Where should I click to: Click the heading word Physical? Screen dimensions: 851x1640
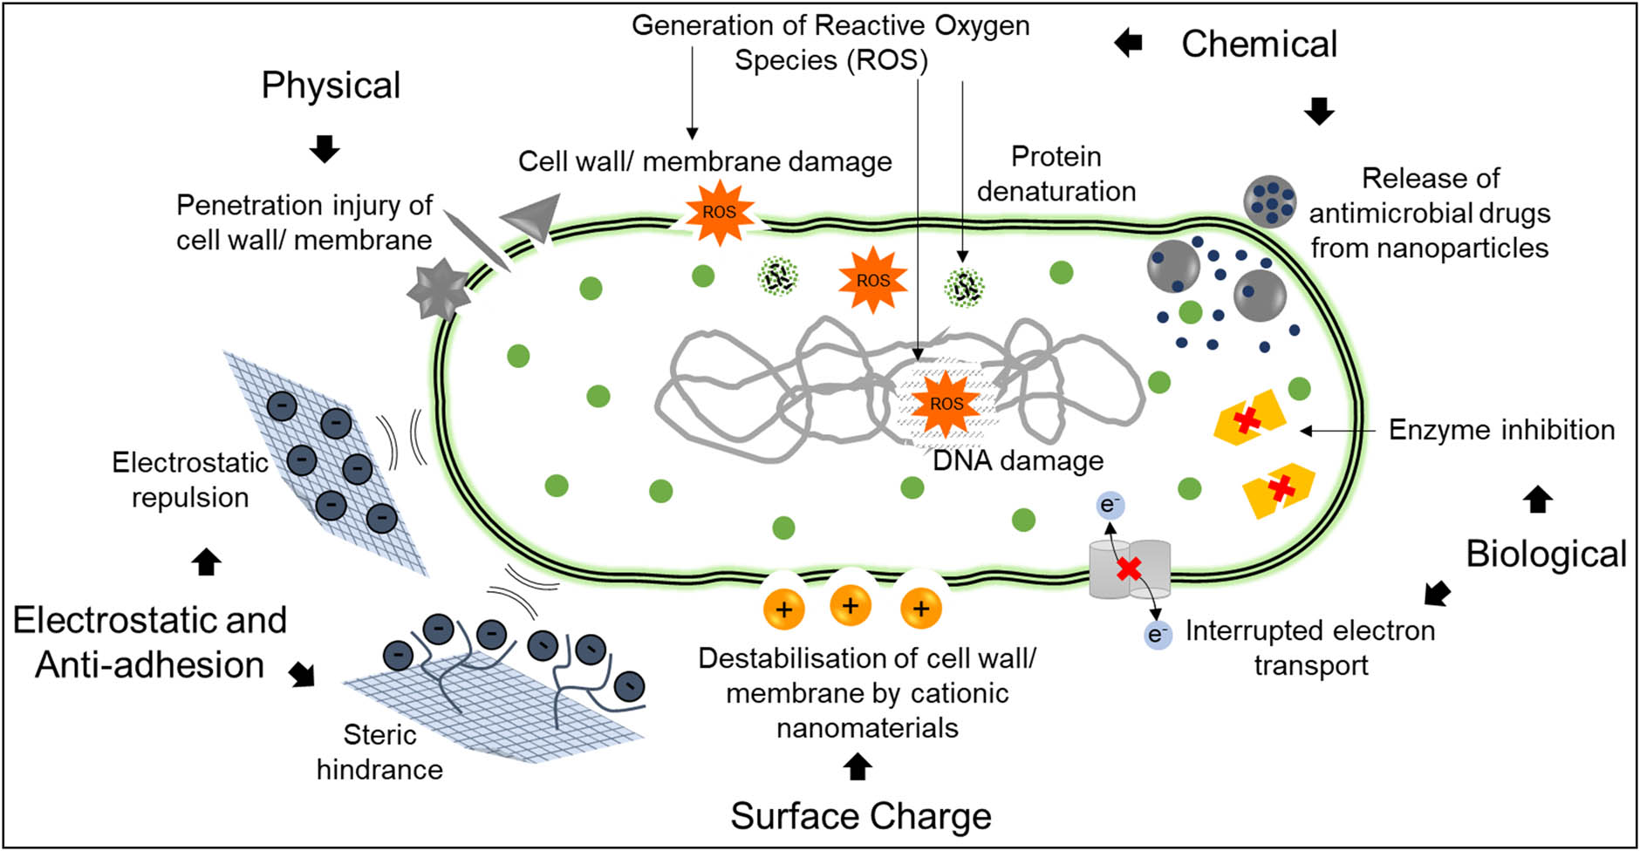(331, 85)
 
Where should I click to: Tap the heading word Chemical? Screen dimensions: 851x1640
(1258, 44)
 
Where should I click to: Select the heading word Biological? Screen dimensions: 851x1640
(1546, 554)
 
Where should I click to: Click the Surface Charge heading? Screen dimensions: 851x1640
(860, 816)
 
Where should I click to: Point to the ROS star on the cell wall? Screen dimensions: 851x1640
(719, 211)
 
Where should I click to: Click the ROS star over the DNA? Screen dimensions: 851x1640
(946, 404)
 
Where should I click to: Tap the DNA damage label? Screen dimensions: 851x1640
(1017, 460)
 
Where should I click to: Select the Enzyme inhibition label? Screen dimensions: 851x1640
(1500, 430)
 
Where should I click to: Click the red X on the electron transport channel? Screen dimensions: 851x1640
(1129, 569)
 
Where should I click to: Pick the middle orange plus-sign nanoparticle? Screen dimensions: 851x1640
(851, 605)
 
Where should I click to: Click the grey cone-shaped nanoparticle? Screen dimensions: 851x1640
(531, 217)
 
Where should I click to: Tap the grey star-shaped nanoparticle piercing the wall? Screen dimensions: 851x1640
(439, 289)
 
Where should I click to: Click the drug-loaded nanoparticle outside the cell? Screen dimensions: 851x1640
(1269, 201)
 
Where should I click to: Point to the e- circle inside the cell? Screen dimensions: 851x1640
(1110, 505)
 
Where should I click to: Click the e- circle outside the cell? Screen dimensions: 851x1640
(1158, 634)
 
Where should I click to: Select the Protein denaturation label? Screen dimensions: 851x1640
(1056, 174)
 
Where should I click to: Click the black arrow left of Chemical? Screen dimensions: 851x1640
(1129, 42)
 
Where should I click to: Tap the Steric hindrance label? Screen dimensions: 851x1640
(379, 752)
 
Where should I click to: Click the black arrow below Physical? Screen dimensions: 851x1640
(325, 149)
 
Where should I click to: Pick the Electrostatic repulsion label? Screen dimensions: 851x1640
(190, 480)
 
